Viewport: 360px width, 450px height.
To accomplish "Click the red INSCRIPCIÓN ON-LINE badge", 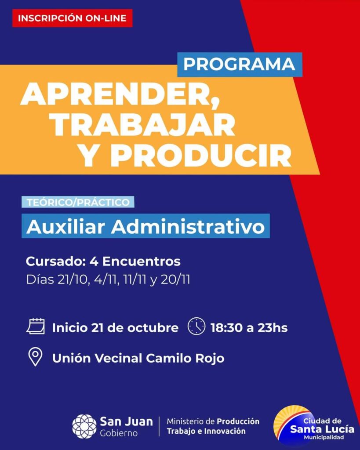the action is point(73,18).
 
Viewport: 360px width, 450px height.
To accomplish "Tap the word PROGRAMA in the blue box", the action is point(240,64).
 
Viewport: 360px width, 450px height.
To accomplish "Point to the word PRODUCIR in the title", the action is point(203,156).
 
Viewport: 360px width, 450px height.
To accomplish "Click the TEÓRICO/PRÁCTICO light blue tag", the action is point(78,202).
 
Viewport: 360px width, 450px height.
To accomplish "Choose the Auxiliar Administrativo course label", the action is point(145,226).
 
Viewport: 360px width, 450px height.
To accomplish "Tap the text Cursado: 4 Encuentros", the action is point(103,261).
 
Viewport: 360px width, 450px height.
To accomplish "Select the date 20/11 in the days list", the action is point(175,279).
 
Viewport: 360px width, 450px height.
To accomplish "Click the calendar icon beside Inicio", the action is point(36,327).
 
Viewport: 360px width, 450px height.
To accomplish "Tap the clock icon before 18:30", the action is point(196,327).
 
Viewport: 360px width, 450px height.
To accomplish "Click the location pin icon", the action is point(35,357).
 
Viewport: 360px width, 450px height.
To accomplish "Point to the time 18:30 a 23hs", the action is point(249,328).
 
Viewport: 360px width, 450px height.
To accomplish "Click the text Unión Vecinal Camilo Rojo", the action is point(138,358).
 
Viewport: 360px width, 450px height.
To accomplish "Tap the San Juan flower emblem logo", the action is point(84,426).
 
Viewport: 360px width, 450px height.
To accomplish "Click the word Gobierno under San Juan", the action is point(119,433).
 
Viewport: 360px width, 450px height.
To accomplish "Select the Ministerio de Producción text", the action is point(213,421).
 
